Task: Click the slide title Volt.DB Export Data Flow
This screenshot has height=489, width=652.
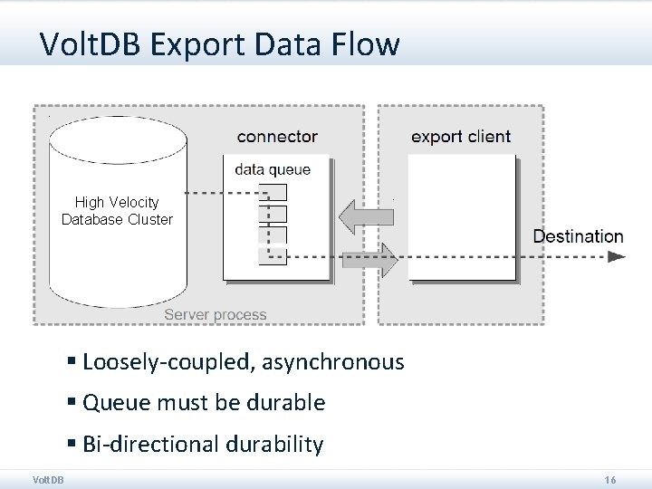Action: click(x=219, y=43)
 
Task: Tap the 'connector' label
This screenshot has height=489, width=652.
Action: click(x=277, y=137)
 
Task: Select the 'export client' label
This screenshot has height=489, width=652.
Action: click(x=461, y=137)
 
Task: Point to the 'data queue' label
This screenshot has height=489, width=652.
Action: click(x=273, y=169)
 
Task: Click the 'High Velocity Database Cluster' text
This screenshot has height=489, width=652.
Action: click(x=117, y=211)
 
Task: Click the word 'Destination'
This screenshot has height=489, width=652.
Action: click(x=578, y=236)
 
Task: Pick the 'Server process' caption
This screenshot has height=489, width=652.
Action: click(x=216, y=315)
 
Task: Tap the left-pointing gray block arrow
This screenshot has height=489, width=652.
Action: click(x=366, y=217)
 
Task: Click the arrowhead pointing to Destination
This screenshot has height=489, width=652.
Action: click(x=616, y=256)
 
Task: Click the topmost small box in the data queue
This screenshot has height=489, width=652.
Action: click(x=273, y=192)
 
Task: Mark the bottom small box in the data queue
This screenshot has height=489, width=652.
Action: click(x=273, y=256)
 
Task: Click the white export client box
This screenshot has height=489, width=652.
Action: click(x=462, y=217)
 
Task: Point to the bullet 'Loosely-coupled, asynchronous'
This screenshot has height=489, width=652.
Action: click(x=243, y=362)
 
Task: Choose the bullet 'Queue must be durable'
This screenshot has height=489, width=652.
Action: click(x=204, y=402)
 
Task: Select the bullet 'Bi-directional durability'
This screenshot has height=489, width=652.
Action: click(x=202, y=444)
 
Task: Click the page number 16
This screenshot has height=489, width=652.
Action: click(x=610, y=479)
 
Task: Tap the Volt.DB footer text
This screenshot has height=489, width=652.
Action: click(x=48, y=479)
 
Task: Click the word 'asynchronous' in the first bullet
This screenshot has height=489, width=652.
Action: click(x=333, y=362)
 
